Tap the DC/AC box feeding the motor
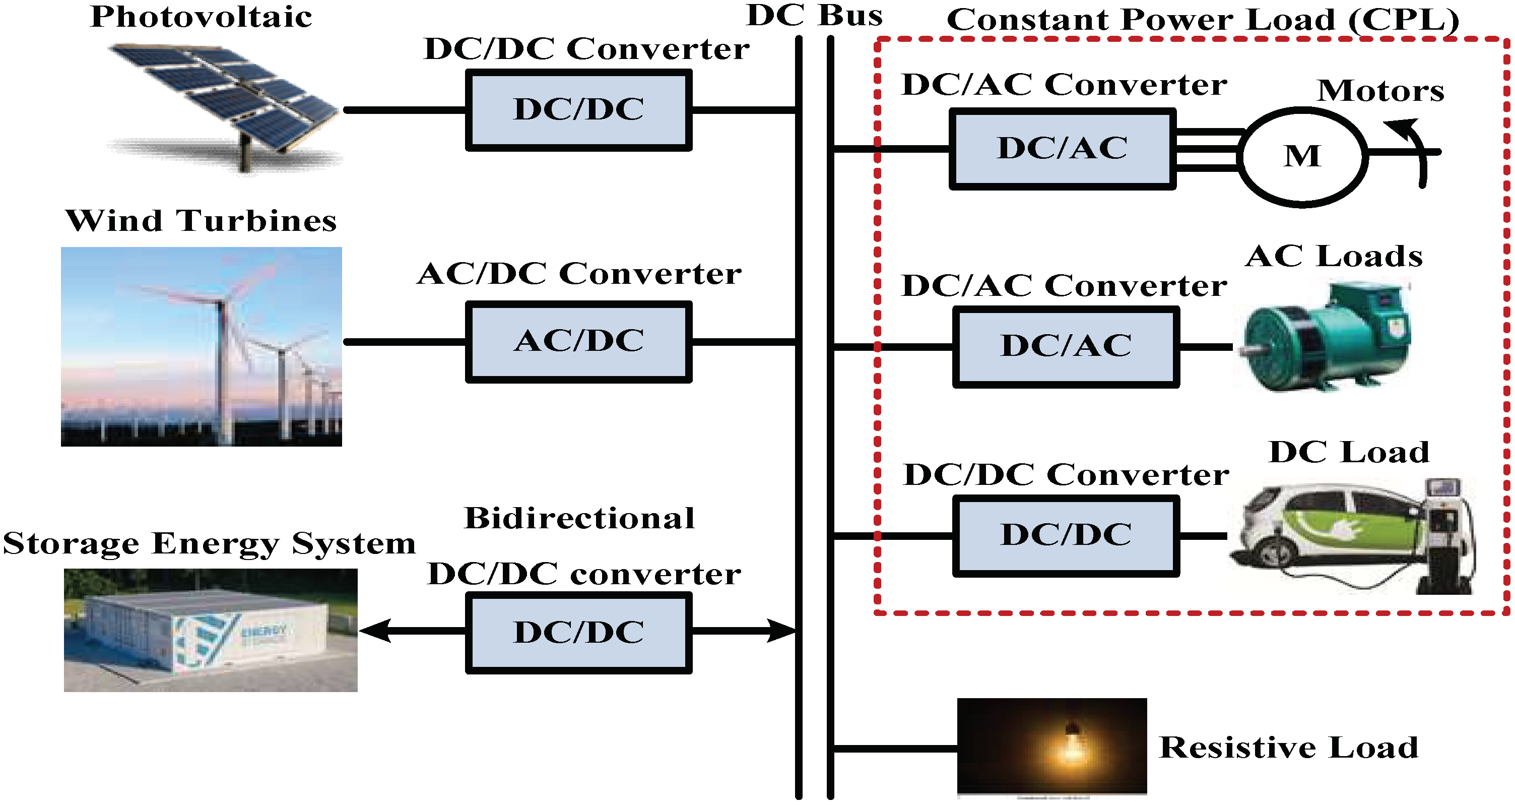[x=1062, y=149]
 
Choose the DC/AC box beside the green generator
[x=1066, y=347]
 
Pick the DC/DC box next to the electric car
[x=1066, y=535]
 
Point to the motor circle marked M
[x=1302, y=157]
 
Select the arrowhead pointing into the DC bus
[x=782, y=631]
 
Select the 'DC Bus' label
[x=814, y=16]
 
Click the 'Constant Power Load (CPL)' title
[x=1202, y=21]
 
